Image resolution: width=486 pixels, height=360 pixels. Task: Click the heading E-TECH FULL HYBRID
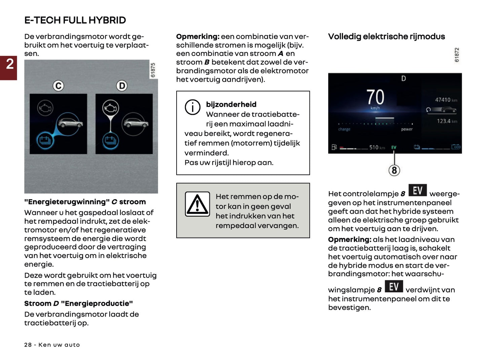(x=75, y=20)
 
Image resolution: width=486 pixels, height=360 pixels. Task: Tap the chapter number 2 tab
(x=9, y=64)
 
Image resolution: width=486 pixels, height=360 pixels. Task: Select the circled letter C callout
(x=59, y=86)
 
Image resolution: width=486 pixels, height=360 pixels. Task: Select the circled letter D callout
(x=122, y=86)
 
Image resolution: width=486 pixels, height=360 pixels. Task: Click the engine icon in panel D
(x=110, y=108)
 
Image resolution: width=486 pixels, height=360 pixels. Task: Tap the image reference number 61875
(x=153, y=70)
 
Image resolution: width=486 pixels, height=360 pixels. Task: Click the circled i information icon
(x=192, y=107)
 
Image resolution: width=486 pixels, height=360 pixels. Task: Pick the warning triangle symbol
(x=197, y=204)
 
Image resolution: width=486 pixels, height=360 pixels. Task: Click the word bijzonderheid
(x=231, y=104)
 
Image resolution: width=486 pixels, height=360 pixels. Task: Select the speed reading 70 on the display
(x=375, y=97)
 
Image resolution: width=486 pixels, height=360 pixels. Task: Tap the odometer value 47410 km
(x=446, y=100)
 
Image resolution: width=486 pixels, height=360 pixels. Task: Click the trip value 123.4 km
(x=447, y=121)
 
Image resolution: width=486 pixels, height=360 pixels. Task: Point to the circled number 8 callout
(x=394, y=170)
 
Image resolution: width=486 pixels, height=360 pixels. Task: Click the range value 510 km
(x=377, y=147)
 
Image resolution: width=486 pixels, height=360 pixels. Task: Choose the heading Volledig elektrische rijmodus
(x=386, y=36)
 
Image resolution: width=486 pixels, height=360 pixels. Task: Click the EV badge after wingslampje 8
(x=394, y=287)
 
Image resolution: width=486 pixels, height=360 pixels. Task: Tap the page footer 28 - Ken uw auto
(x=52, y=345)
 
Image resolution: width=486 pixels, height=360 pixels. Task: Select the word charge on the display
(x=344, y=129)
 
